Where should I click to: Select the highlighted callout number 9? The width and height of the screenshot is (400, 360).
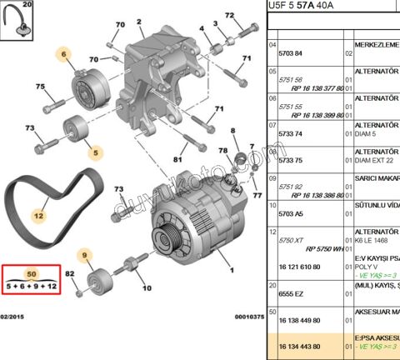coord(84,256)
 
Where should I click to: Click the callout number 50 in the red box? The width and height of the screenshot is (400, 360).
coord(32,273)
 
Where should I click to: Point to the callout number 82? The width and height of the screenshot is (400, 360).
coord(69,274)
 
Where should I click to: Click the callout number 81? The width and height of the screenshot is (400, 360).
coord(177,158)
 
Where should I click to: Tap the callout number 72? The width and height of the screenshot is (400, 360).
coord(230,17)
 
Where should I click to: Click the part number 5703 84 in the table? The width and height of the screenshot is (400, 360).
coord(292,52)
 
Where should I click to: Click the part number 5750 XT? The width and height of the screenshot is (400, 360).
coord(291,238)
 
